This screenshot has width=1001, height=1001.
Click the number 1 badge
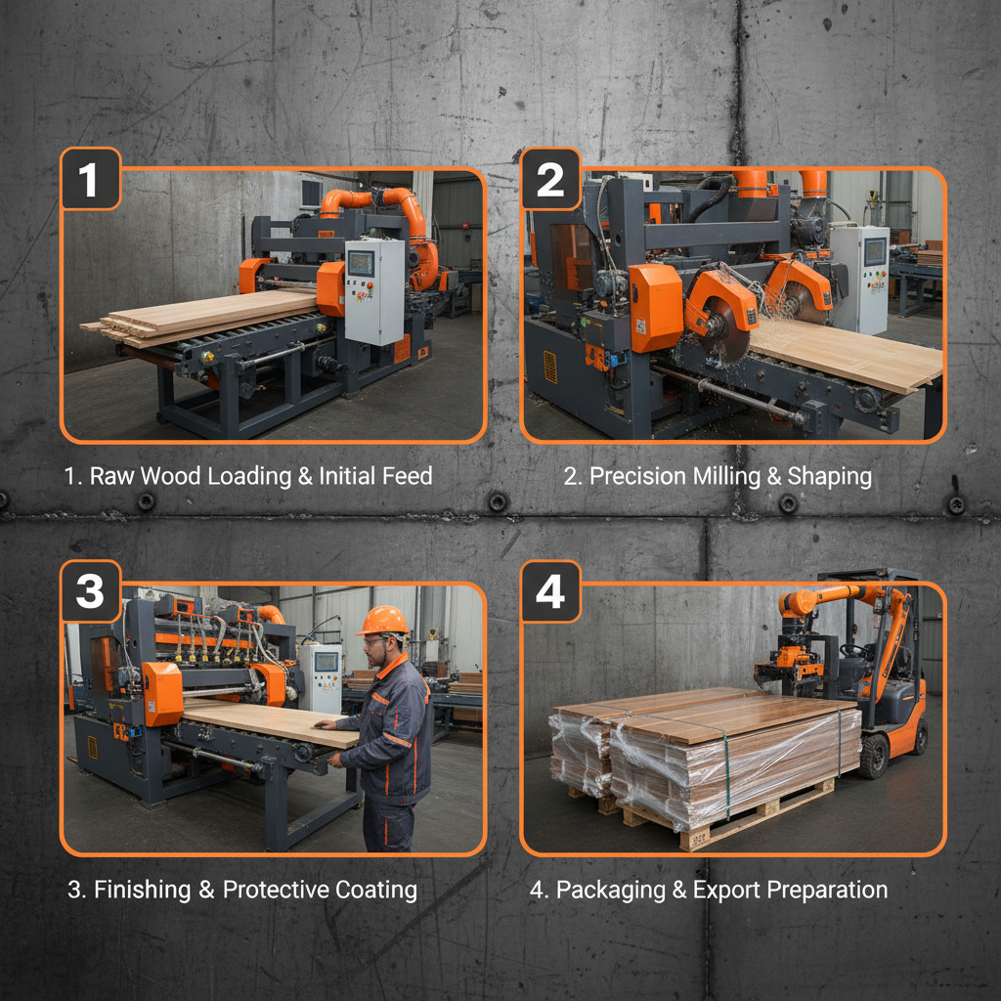pos(90,179)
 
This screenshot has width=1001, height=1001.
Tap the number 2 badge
pos(550,179)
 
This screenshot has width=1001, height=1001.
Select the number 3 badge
pos(90,591)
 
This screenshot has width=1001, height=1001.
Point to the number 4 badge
pos(550,591)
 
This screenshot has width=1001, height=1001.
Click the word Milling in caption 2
pos(733,476)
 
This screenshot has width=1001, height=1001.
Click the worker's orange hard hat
pos(384,621)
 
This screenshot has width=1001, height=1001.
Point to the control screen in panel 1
pos(361,263)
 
